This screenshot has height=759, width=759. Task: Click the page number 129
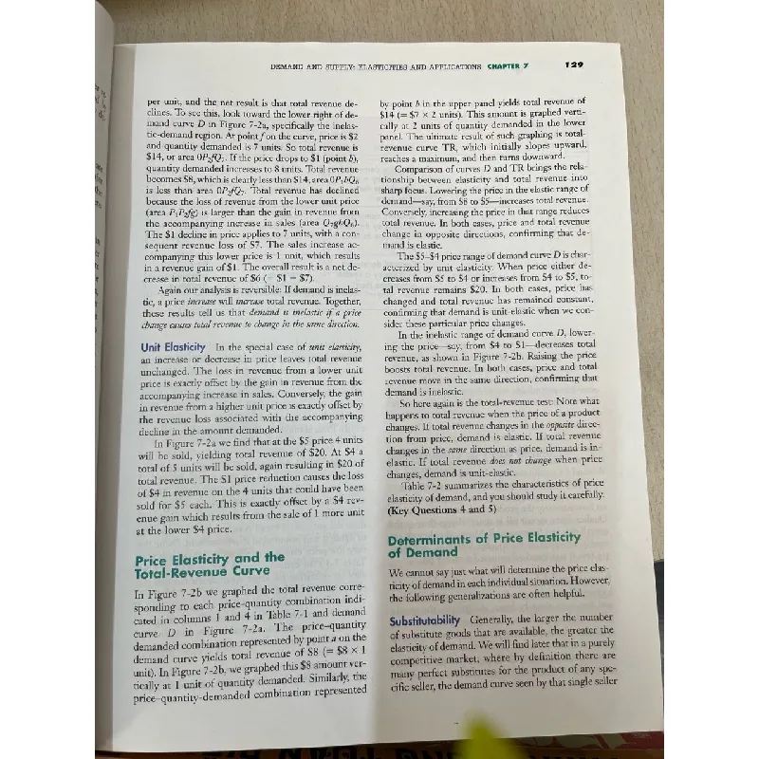click(x=572, y=65)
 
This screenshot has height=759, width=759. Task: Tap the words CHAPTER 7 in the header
click(x=511, y=66)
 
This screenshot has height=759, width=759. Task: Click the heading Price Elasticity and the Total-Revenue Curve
click(x=210, y=565)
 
